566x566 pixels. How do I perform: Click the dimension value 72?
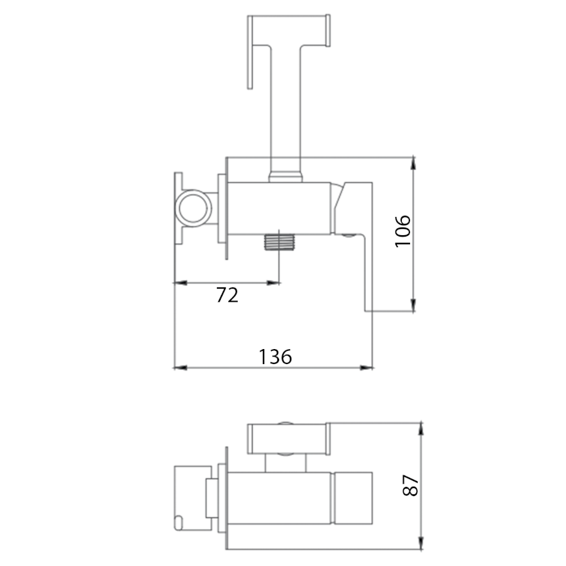(x=228, y=295)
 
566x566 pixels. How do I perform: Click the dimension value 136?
(x=275, y=357)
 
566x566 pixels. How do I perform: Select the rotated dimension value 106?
(x=403, y=231)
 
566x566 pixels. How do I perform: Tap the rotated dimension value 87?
(x=411, y=486)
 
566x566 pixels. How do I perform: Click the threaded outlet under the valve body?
(x=280, y=242)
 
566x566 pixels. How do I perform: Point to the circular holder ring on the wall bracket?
(x=194, y=208)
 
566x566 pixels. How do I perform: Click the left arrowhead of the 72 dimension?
(x=180, y=283)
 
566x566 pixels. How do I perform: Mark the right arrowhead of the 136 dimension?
(x=366, y=368)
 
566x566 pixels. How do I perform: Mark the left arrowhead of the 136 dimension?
(x=180, y=368)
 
